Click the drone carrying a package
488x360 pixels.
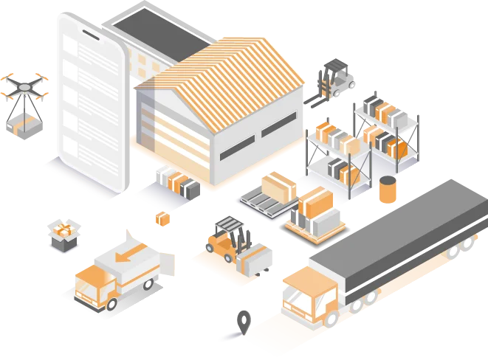point(24,89)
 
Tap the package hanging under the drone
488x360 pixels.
point(24,124)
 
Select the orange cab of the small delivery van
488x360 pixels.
point(93,284)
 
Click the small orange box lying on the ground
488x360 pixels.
point(162,218)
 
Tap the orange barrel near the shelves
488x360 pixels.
point(388,190)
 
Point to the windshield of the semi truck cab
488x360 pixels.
point(298,301)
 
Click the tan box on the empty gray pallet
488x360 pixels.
point(279,185)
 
